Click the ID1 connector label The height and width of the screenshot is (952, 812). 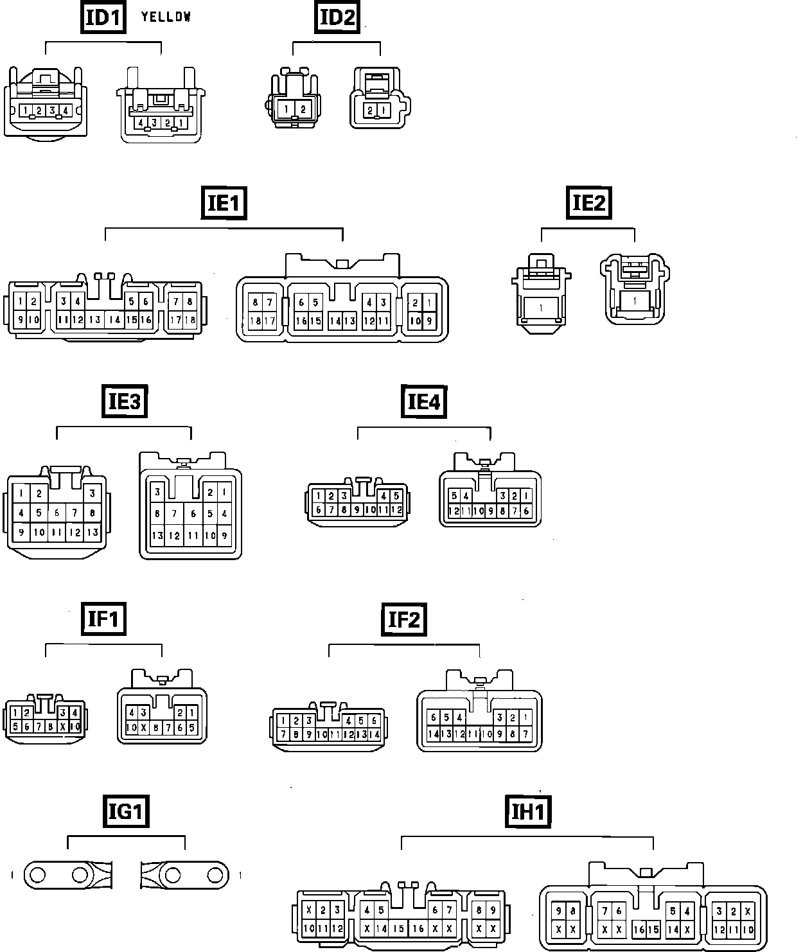pyautogui.click(x=103, y=17)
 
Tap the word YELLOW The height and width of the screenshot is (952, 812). pyautogui.click(x=166, y=17)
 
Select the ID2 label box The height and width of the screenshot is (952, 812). pyautogui.click(x=337, y=17)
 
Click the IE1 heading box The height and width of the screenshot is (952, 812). pyautogui.click(x=224, y=203)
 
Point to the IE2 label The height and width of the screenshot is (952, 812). pyautogui.click(x=588, y=203)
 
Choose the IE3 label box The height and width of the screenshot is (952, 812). pyautogui.click(x=124, y=401)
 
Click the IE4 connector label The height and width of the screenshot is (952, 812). pyautogui.click(x=423, y=401)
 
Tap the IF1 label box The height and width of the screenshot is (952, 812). pyautogui.click(x=103, y=619)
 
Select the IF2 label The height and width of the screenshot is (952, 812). pyautogui.click(x=403, y=619)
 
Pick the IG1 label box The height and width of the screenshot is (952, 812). pyautogui.click(x=125, y=812)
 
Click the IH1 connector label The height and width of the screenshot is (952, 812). pyautogui.click(x=528, y=812)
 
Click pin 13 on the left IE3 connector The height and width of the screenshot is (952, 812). pyautogui.click(x=93, y=533)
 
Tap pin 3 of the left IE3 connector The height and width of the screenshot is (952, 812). pyautogui.click(x=93, y=493)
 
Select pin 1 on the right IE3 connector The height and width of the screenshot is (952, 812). pyautogui.click(x=224, y=493)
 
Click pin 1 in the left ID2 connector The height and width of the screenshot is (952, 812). pyautogui.click(x=287, y=109)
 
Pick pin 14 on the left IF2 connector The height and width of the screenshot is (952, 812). pyautogui.click(x=375, y=734)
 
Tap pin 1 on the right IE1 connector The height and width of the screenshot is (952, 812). pyautogui.click(x=428, y=303)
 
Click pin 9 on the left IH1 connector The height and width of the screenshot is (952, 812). pyautogui.click(x=493, y=910)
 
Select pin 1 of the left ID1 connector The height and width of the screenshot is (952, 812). pyautogui.click(x=26, y=110)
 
